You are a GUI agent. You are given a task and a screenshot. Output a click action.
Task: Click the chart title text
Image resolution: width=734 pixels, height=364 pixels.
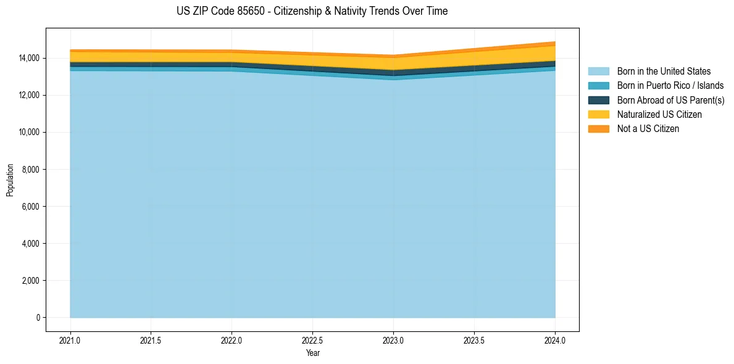point(312,11)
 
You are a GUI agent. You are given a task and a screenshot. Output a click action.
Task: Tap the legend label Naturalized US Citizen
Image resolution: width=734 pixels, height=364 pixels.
point(659,115)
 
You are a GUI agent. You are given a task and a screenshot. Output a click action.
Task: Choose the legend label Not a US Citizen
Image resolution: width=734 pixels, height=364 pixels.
point(648,129)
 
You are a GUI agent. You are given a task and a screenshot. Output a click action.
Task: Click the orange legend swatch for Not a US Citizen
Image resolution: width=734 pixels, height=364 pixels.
point(598,129)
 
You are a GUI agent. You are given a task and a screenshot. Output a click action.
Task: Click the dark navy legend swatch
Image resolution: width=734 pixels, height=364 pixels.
point(598,100)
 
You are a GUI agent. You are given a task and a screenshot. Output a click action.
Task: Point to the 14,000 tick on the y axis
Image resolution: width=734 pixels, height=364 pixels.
point(29,58)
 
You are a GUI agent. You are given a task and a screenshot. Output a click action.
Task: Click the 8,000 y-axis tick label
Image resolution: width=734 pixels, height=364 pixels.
point(31,170)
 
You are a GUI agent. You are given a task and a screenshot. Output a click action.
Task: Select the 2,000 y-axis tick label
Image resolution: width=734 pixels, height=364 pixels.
point(31,281)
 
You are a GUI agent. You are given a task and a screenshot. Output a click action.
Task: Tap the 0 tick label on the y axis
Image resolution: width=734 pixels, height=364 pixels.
point(38,318)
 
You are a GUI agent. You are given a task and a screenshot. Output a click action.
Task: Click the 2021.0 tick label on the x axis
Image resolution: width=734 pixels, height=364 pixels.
point(70,340)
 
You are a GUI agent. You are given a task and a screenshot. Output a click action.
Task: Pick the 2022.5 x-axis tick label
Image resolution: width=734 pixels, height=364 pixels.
point(312,340)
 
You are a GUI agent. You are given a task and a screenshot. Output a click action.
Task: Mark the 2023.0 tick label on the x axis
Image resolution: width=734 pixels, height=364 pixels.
point(393,340)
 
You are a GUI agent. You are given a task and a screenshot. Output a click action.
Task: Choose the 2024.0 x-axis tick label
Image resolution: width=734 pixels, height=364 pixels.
point(555,340)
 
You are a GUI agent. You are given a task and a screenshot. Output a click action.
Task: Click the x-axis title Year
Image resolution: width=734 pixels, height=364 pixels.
point(312,353)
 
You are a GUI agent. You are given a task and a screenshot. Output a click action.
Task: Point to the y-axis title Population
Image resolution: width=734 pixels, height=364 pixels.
point(10,180)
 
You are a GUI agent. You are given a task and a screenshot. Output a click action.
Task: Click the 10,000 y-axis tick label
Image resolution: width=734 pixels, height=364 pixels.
point(29,132)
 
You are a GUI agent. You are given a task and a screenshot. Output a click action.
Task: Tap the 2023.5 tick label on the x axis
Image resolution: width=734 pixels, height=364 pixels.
point(474,340)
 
